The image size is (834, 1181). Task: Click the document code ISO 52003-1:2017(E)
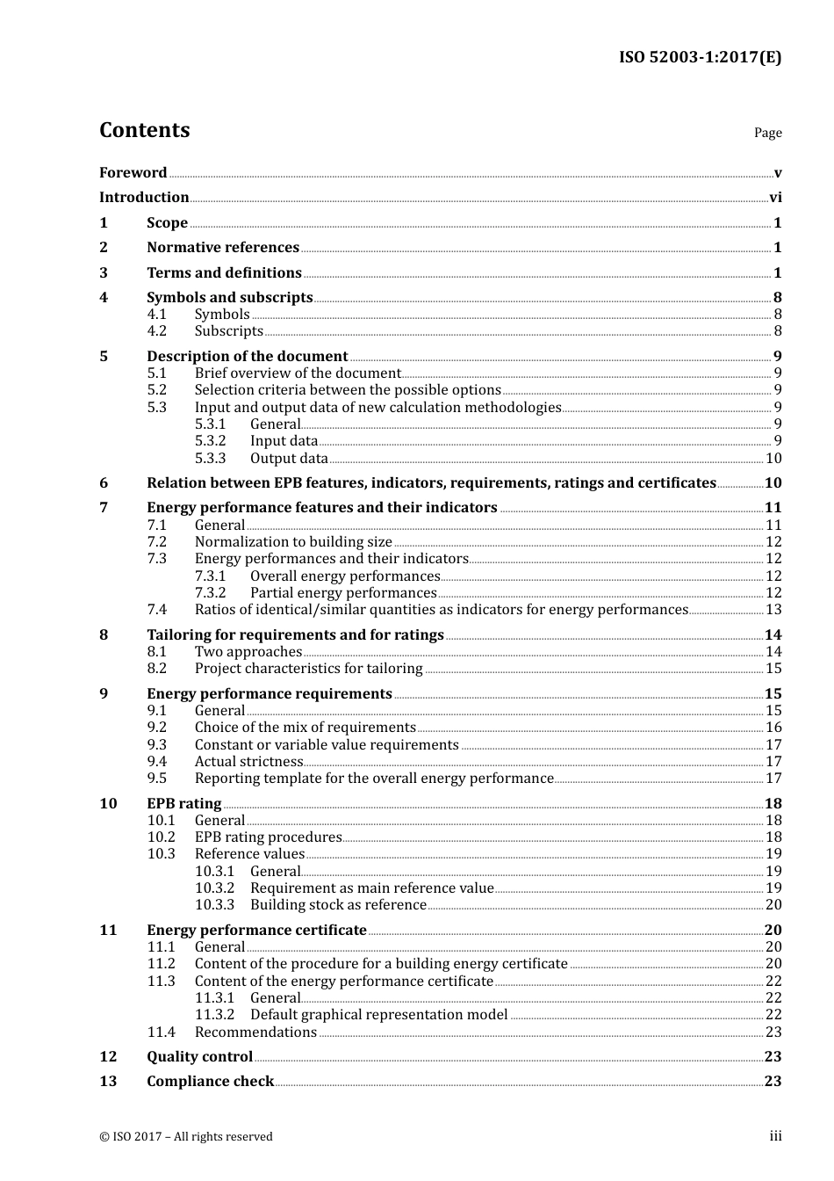pos(700,58)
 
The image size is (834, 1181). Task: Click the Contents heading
pos(144,130)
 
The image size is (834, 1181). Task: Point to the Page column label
pos(767,133)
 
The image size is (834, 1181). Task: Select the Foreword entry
pos(133,173)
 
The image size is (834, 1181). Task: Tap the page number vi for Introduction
pos(775,198)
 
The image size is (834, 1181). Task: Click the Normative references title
pos(223,248)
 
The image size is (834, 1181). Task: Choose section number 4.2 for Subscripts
pos(157,331)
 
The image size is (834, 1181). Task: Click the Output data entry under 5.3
pos(289,458)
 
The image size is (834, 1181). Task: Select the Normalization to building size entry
pos(293,542)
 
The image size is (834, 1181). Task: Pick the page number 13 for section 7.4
pos(773,610)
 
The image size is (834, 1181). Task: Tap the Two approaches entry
pos(248,652)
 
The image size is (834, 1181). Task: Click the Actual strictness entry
pos(248,762)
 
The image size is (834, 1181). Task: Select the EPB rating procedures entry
pos(268,837)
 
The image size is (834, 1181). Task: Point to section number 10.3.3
pos(215,905)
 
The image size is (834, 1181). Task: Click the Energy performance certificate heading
pos(256,931)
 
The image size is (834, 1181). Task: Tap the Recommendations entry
pos(255,1032)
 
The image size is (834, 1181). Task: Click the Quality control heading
pos(199,1057)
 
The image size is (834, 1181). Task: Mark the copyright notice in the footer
pos(186,1137)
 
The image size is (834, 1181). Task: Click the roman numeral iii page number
pos(775,1136)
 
